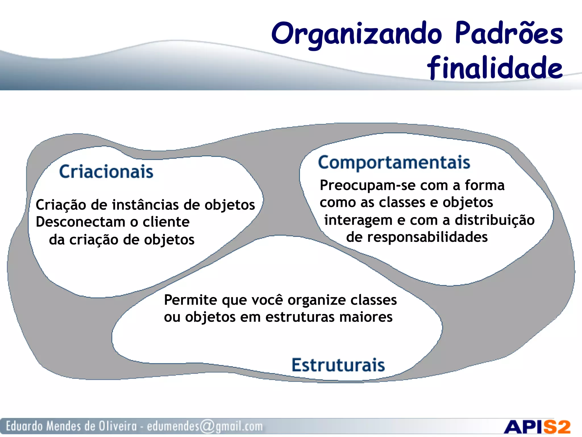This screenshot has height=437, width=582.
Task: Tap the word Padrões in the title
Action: point(509,34)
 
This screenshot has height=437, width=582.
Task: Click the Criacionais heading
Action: point(106,172)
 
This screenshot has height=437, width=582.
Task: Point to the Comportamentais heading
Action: point(394,162)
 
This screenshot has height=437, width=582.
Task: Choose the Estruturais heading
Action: point(338,365)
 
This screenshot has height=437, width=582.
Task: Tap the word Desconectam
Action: point(80,222)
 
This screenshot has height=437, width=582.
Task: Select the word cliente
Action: point(166,222)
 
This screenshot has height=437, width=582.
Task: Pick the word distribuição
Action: point(494,220)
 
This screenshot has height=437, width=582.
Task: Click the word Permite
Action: point(190,300)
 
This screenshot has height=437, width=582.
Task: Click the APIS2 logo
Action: point(537,427)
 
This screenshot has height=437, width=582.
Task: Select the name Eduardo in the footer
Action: point(24,426)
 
